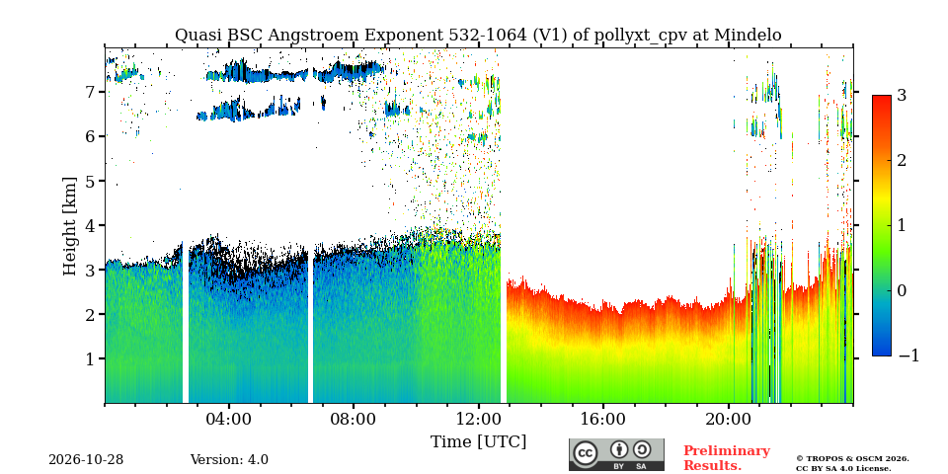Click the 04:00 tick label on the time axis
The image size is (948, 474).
229,419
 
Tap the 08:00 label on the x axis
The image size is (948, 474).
354,419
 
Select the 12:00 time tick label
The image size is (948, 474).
479,419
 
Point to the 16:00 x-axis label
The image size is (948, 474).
603,419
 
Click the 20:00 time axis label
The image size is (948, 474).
729,419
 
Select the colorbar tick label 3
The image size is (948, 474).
902,96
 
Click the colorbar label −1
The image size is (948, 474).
908,356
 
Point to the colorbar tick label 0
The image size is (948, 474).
902,290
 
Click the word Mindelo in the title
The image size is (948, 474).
748,36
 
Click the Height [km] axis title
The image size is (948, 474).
70,226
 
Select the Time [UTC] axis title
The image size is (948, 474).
478,442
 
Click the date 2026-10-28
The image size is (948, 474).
86,460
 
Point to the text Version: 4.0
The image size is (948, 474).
229,460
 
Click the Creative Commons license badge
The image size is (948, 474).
616,454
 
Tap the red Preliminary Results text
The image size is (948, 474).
727,458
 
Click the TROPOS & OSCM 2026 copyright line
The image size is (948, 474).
852,459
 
